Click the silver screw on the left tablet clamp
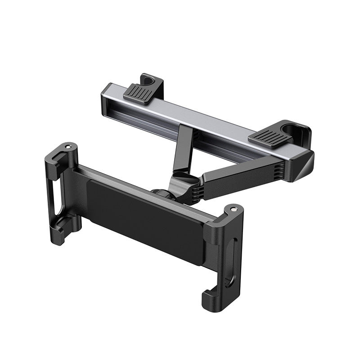tap(67, 147)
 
